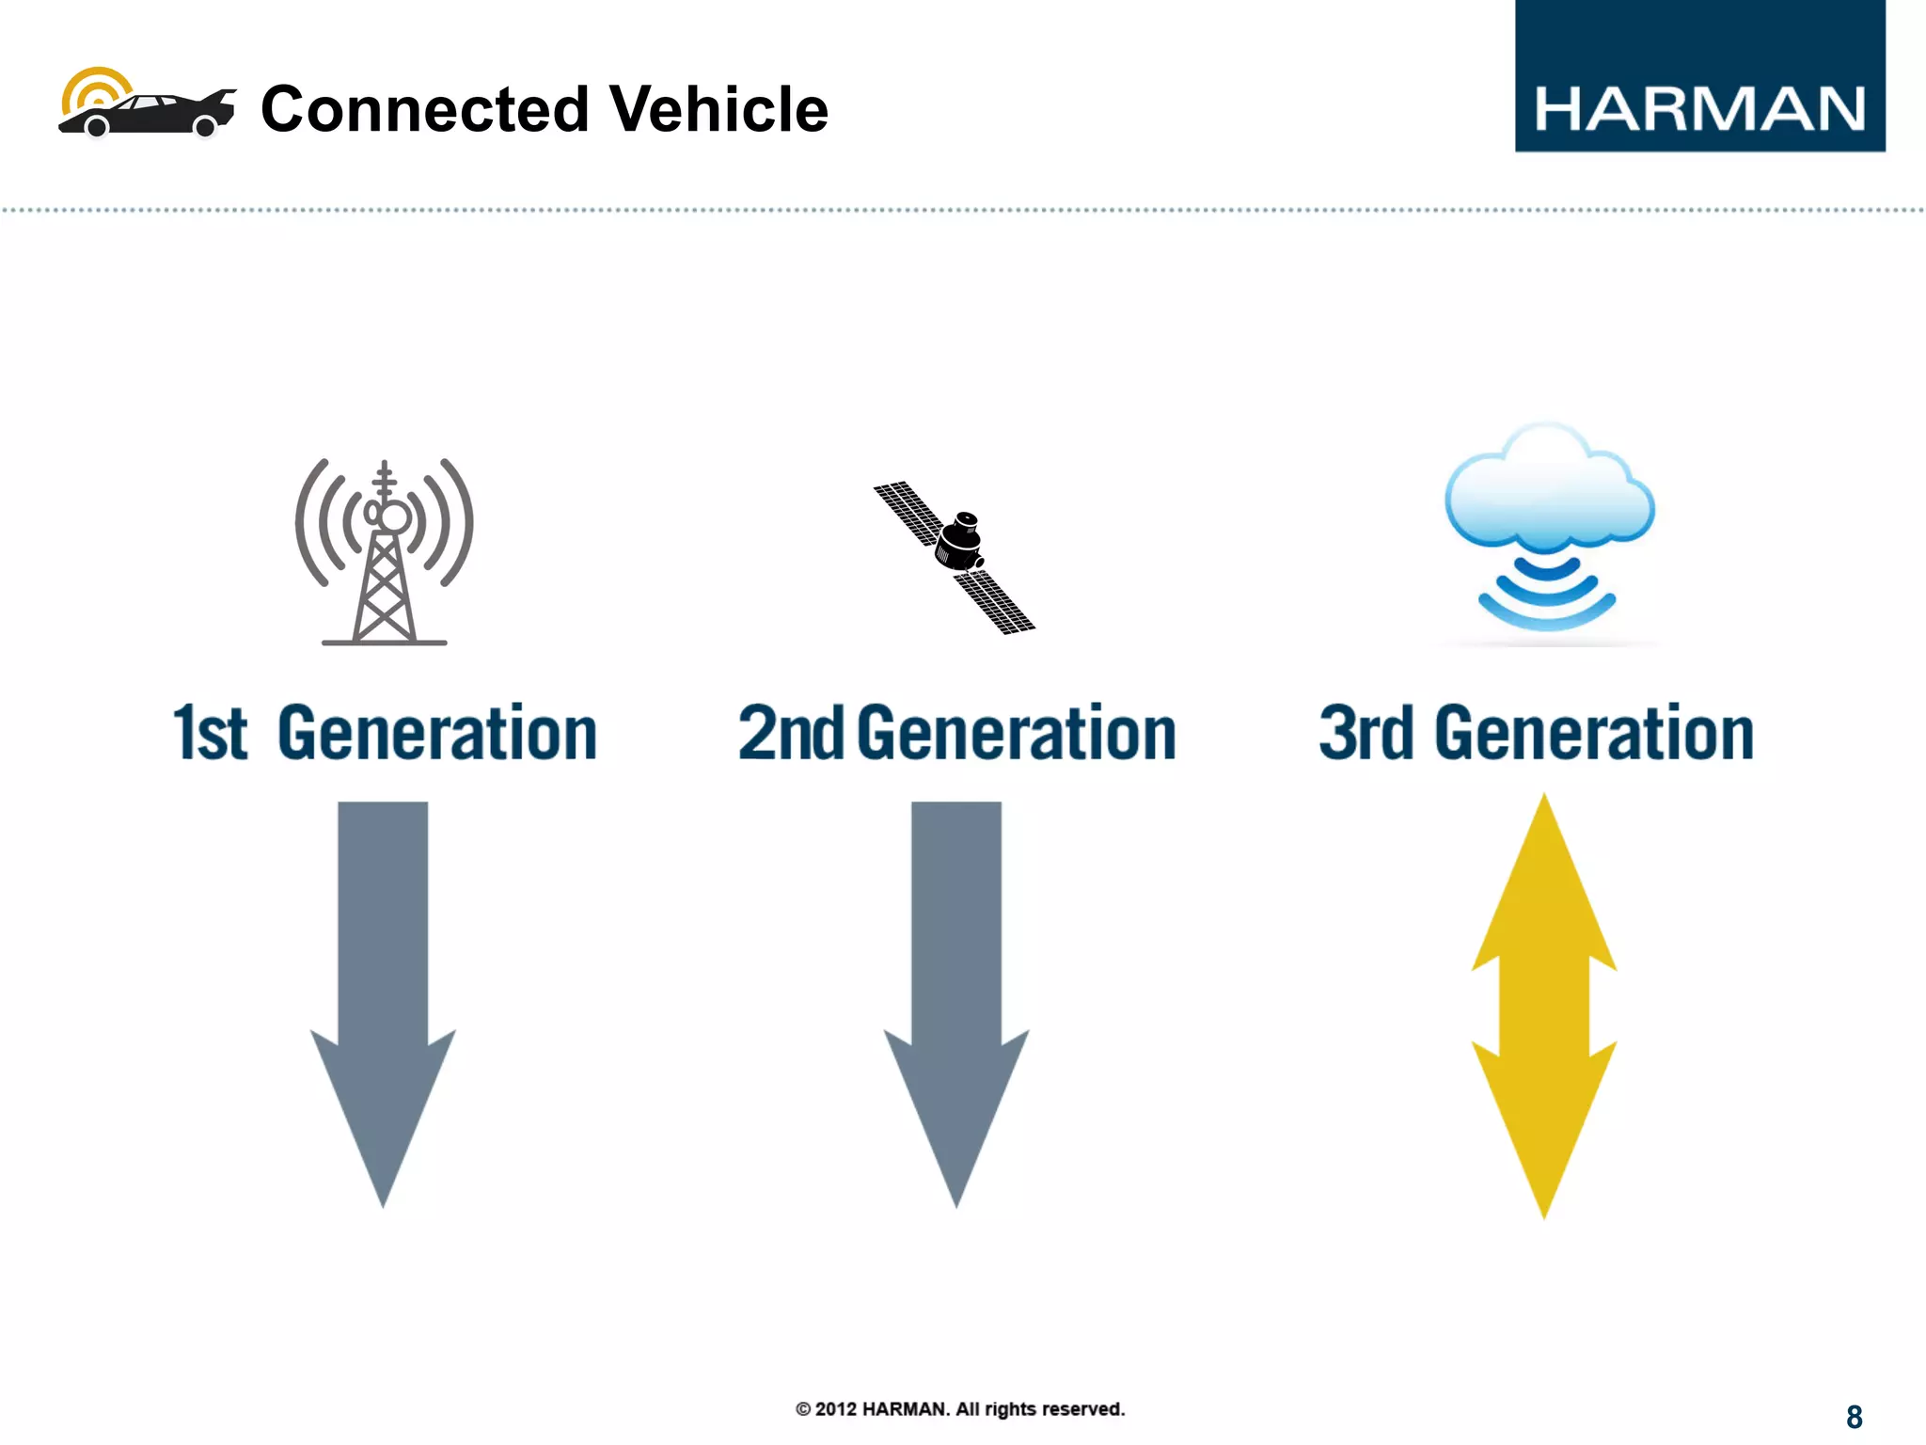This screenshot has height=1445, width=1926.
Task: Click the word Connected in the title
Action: pyautogui.click(x=424, y=109)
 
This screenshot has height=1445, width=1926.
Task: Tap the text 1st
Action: pyautogui.click(x=210, y=734)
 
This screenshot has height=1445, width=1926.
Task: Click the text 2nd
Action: pyautogui.click(x=791, y=734)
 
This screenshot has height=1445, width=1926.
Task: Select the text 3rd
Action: pyautogui.click(x=1366, y=734)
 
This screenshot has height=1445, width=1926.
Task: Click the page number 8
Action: pyautogui.click(x=1854, y=1417)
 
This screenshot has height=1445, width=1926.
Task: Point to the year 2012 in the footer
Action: pyautogui.click(x=835, y=1409)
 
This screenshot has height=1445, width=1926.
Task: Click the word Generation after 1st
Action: pyautogui.click(x=437, y=734)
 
